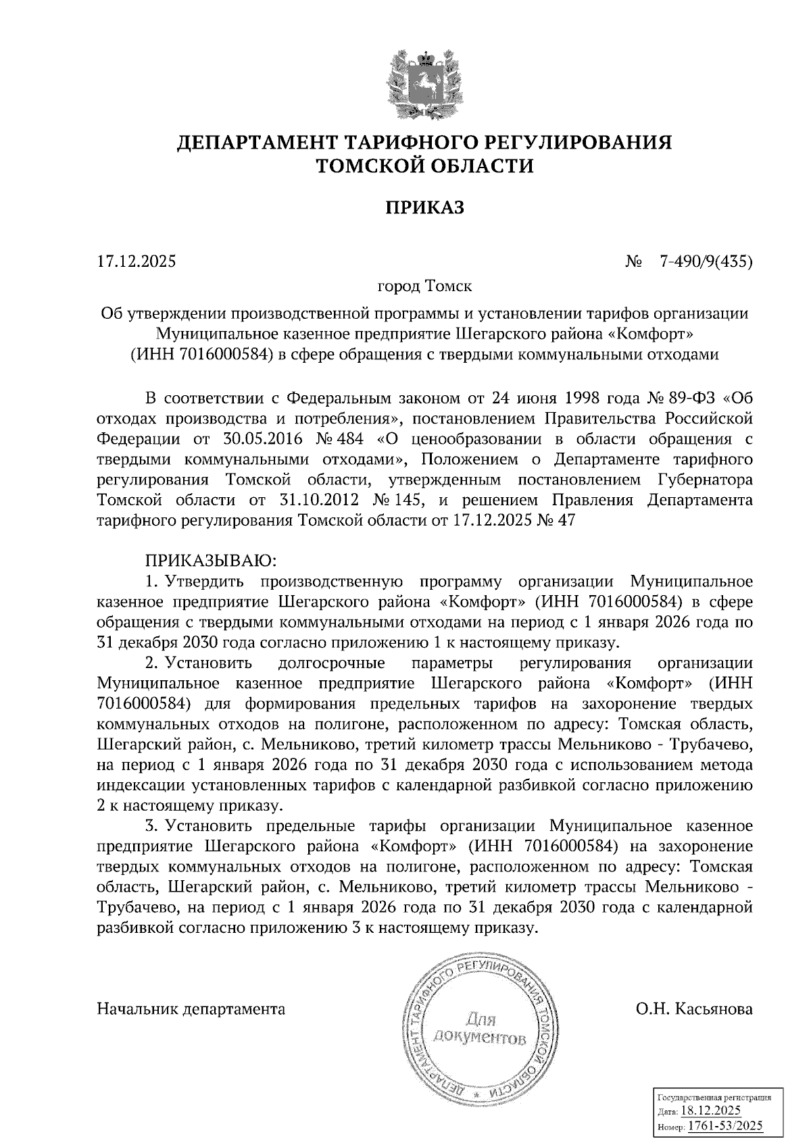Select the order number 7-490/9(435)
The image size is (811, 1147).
coord(706,261)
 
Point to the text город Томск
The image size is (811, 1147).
coord(425,286)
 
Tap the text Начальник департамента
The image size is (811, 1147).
coord(191,1009)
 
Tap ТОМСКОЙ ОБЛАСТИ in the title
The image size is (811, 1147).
coord(425,165)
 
